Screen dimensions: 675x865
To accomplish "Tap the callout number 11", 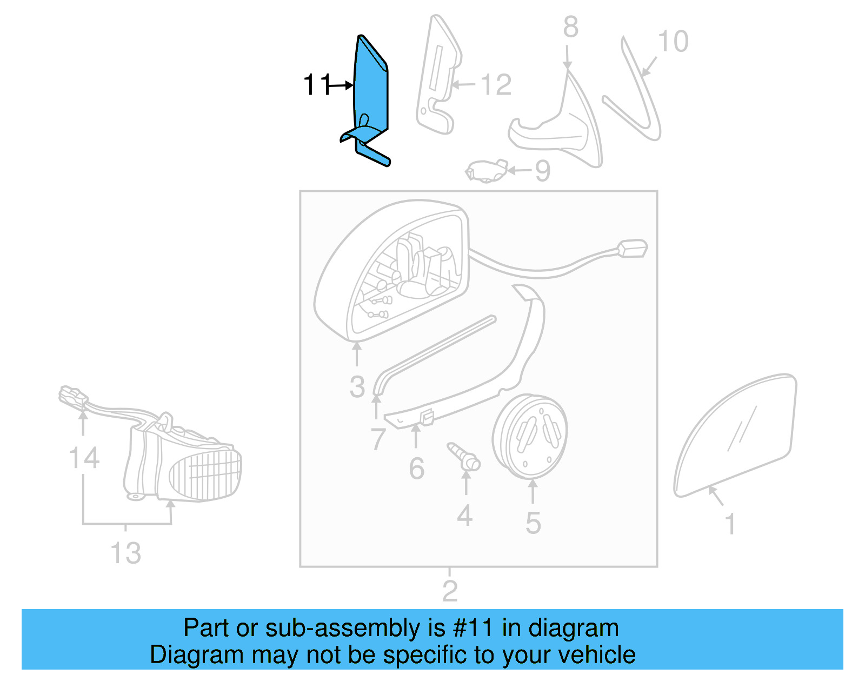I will point(317,85).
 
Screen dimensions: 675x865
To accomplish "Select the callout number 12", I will point(496,85).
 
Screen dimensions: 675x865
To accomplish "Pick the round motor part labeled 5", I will point(530,436).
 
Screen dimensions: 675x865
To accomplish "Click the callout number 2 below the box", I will point(450,591).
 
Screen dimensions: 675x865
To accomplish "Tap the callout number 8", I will point(571,27).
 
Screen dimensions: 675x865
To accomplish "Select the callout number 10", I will point(673,42).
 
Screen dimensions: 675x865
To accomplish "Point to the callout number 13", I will point(126,553).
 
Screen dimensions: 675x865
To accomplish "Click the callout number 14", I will point(84,458).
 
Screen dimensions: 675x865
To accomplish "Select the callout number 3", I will point(357,386).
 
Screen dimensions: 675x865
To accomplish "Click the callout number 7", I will point(378,439).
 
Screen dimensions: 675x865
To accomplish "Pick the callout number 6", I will point(416,469).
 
